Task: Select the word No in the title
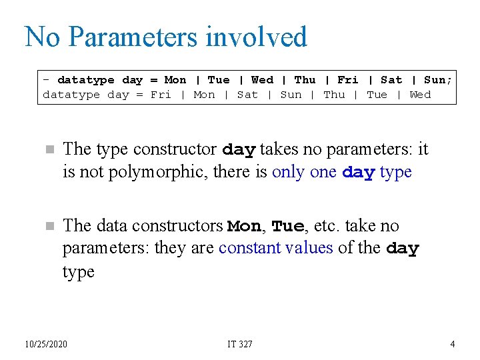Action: tap(43, 37)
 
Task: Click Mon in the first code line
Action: tap(175, 80)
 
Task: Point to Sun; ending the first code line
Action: tap(438, 80)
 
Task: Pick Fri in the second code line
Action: tap(161, 95)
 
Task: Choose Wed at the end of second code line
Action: tap(420, 95)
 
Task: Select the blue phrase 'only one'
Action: tap(305, 172)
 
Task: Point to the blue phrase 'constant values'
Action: tap(275, 248)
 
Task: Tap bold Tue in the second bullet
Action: tap(287, 227)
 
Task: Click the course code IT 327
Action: tap(240, 344)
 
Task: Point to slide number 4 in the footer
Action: tap(453, 344)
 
